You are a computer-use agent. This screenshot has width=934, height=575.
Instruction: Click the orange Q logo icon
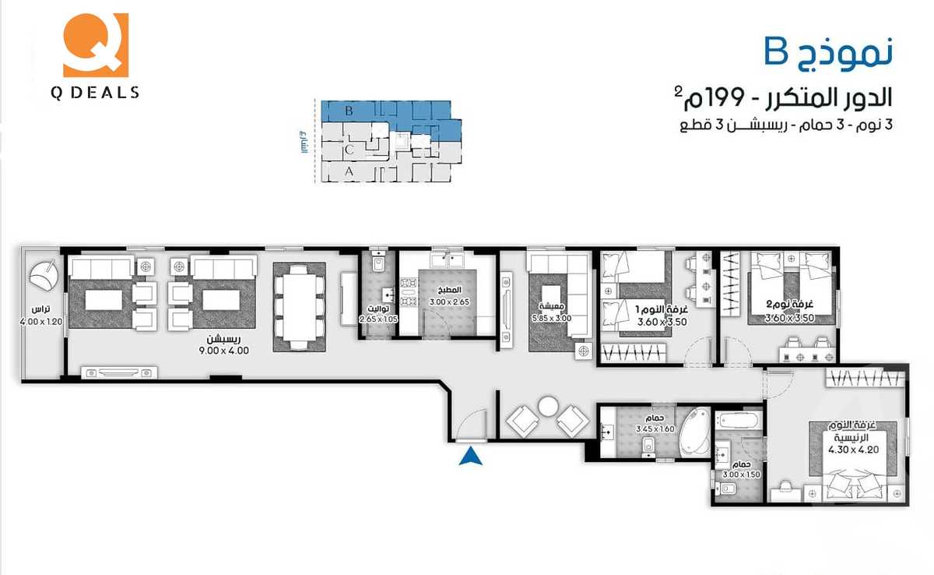click(95, 45)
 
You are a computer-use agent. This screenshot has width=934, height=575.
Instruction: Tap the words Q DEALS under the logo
click(95, 93)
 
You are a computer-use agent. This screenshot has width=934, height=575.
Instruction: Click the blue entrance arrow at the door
click(469, 457)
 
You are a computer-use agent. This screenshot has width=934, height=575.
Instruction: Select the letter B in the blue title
click(776, 51)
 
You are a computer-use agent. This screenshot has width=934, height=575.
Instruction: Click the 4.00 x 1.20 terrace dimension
click(40, 320)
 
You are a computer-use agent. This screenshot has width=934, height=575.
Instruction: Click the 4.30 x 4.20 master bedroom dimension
click(852, 449)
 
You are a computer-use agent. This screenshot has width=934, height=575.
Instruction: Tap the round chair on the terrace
click(44, 275)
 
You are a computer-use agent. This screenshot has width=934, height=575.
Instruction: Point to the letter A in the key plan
click(349, 171)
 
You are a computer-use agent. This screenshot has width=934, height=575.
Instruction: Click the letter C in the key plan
click(350, 147)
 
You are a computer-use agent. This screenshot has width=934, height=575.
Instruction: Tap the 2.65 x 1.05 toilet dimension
click(377, 319)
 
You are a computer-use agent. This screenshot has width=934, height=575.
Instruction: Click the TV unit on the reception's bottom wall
click(119, 373)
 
